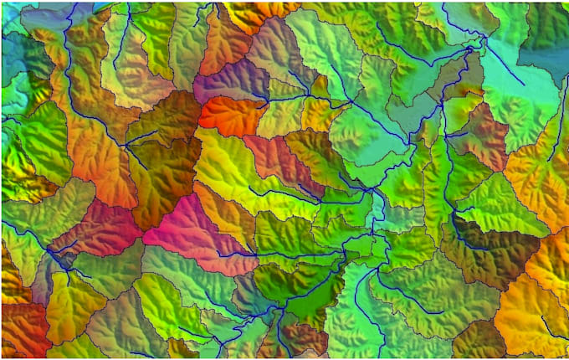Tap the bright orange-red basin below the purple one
click(230, 115)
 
